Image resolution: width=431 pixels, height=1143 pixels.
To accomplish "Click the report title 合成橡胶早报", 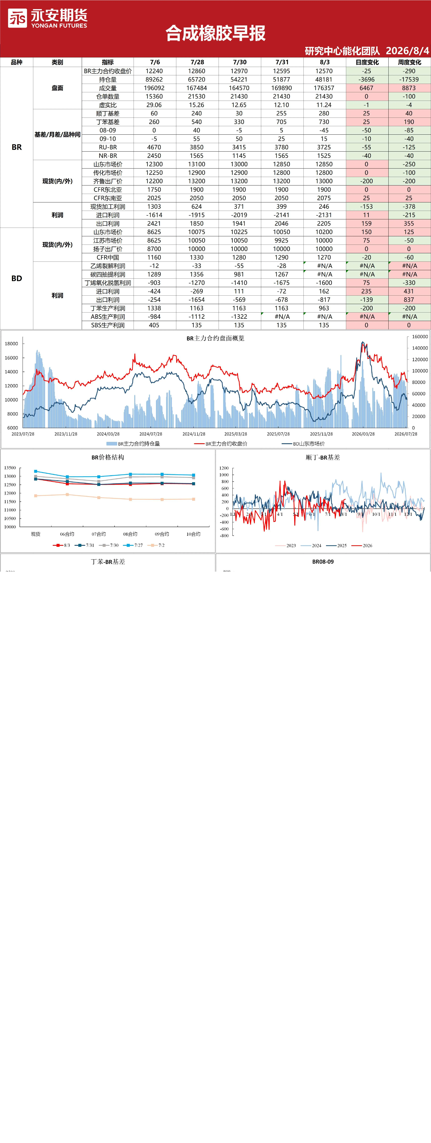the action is (x=215, y=33).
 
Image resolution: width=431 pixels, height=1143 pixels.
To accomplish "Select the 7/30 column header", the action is (x=239, y=62).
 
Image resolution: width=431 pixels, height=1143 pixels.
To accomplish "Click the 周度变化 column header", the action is (x=409, y=62).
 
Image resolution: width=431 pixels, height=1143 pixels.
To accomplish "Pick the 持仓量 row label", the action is (x=108, y=79).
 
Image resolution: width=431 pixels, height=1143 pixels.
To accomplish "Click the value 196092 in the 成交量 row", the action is (x=154, y=88).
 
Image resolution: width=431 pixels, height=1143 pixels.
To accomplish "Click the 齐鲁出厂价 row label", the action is (x=108, y=181).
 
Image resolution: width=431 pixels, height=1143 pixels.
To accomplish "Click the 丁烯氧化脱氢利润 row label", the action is (x=108, y=283).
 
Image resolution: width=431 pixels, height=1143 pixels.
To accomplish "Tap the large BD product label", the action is (x=16, y=278).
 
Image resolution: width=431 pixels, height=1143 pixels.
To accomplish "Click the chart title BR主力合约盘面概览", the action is (x=215, y=338).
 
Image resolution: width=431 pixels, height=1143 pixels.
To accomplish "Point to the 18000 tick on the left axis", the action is (x=12, y=343).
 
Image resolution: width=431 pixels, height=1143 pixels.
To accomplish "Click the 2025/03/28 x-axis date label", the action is (x=235, y=434).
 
